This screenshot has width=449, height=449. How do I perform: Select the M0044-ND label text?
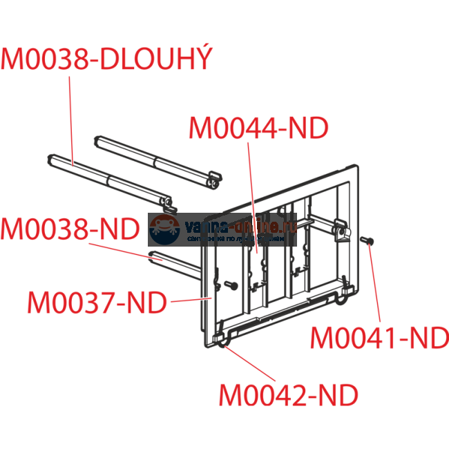258,128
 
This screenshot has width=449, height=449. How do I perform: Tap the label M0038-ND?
70,229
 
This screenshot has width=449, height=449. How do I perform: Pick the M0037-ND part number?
97,302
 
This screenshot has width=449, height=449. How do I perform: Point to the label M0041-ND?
379,338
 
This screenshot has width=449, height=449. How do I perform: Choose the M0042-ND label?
289,396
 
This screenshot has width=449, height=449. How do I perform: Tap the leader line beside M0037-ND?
190,300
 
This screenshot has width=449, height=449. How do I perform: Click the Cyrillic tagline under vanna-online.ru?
235,238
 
